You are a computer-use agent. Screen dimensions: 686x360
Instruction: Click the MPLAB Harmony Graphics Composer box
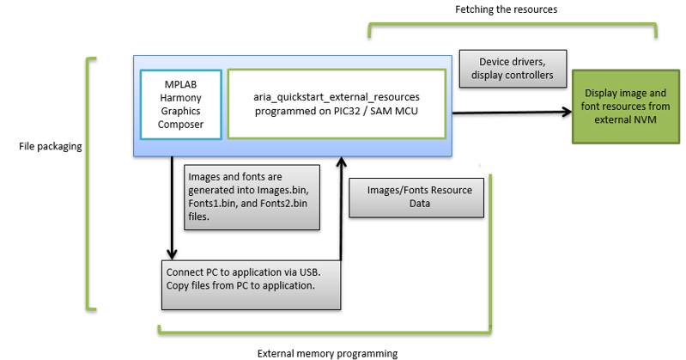[x=180, y=105]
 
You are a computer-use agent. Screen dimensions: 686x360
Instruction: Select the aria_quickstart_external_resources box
[x=337, y=104]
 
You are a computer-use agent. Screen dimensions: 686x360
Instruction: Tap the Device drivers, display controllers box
[x=513, y=69]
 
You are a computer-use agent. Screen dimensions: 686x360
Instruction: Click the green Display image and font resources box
[x=626, y=107]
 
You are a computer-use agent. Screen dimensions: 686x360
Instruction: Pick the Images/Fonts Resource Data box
[x=416, y=198]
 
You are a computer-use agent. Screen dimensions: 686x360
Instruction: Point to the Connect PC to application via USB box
[x=251, y=285]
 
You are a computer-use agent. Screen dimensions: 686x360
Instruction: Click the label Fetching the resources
[x=507, y=9]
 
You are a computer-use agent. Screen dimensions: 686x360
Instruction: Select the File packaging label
[x=51, y=146]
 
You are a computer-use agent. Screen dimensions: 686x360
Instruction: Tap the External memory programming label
[x=327, y=353]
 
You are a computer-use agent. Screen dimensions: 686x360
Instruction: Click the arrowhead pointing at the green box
[x=567, y=112]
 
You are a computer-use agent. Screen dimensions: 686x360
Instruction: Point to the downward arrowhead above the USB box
[x=172, y=254]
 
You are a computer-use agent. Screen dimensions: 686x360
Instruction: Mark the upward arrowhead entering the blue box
[x=341, y=162]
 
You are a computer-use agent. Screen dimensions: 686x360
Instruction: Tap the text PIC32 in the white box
[x=349, y=111]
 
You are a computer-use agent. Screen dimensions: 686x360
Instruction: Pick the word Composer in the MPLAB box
[x=180, y=125]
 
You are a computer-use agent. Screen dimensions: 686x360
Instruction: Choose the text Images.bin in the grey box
[x=282, y=190]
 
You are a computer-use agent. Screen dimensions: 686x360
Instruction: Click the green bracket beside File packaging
[x=88, y=184]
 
